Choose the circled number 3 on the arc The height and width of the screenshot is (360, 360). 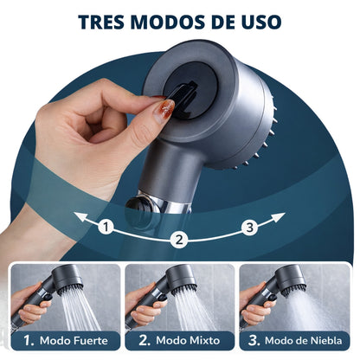pyautogui.click(x=250, y=228)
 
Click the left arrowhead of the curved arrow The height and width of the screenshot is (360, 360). pyautogui.click(x=78, y=215)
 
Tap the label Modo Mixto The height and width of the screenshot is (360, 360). pyautogui.click(x=190, y=341)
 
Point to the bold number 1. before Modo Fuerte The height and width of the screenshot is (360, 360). pyautogui.click(x=29, y=341)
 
